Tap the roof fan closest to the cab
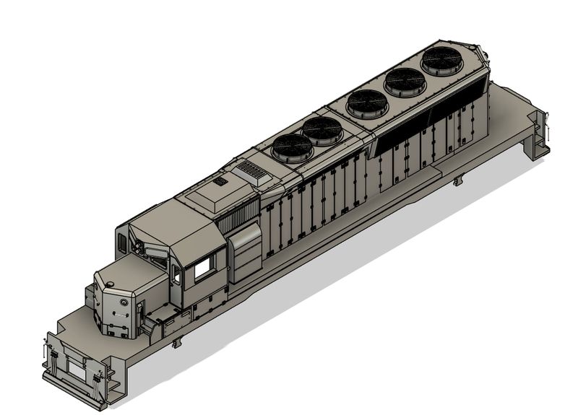point(292,147)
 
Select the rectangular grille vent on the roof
point(250,170)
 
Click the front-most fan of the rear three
point(366,104)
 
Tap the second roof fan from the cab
point(322,131)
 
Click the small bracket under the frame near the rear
point(455,180)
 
